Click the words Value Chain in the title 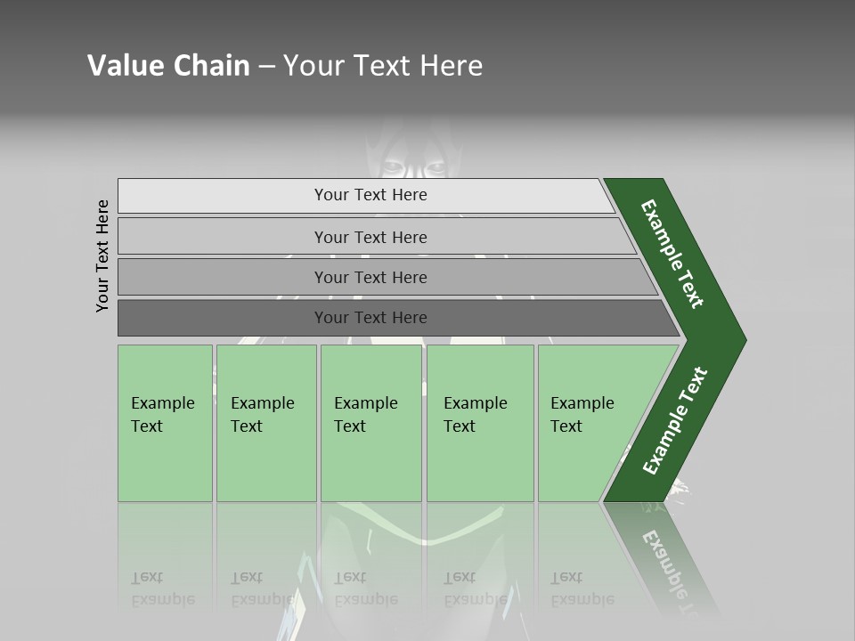pos(168,66)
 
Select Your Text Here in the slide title pos(383,66)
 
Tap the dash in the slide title pos(266,67)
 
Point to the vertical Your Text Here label pos(103,256)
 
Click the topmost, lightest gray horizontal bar pos(370,195)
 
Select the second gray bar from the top pos(370,237)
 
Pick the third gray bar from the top pos(370,277)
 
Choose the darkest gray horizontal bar pos(370,318)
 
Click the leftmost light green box pos(165,423)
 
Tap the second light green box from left pos(266,423)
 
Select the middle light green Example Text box pos(370,423)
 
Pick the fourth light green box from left pos(480,423)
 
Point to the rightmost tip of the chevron pos(744,340)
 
